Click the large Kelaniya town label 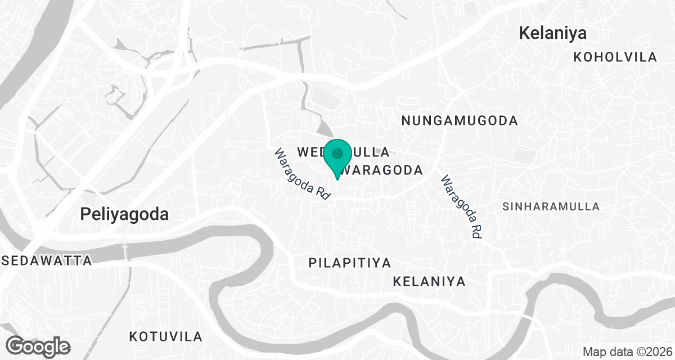(x=552, y=33)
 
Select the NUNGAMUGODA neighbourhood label (x=460, y=120)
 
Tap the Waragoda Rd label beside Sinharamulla (x=462, y=207)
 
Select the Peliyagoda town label (x=124, y=214)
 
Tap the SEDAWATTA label (x=47, y=260)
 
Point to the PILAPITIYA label (x=350, y=263)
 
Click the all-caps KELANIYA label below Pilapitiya (x=429, y=281)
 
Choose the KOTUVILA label (x=165, y=337)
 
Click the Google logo (x=38, y=345)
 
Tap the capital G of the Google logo (x=16, y=345)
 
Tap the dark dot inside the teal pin (x=337, y=153)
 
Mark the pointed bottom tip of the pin (x=337, y=179)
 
